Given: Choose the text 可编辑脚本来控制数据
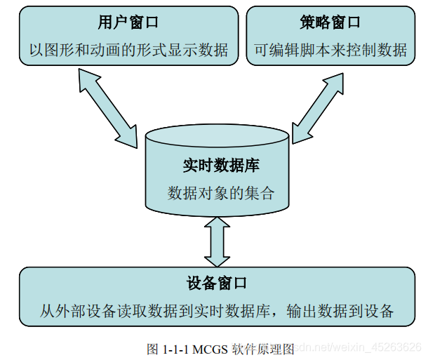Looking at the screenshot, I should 330,50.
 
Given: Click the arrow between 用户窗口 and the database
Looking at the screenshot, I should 108,109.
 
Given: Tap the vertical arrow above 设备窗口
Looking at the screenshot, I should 216,241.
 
